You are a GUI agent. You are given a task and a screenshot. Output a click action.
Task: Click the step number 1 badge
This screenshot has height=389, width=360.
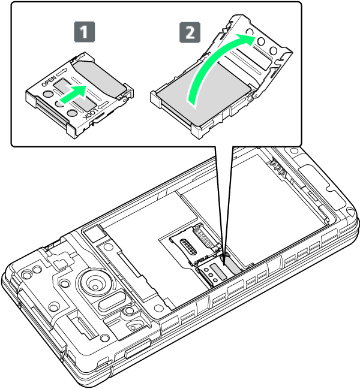[85, 32]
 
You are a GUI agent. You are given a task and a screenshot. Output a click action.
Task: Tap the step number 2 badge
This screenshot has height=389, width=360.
[190, 32]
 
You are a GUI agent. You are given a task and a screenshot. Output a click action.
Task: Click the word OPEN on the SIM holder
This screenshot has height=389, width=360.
[49, 81]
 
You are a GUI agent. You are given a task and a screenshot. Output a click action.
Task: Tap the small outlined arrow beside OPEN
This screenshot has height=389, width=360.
[62, 72]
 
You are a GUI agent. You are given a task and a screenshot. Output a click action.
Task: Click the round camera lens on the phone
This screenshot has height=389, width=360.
[95, 282]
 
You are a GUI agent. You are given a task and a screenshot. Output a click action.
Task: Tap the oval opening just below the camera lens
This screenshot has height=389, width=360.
[112, 301]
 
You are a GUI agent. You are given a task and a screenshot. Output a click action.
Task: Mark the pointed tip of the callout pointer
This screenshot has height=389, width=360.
[224, 265]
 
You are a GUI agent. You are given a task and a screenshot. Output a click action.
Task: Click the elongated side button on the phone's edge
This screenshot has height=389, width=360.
[138, 349]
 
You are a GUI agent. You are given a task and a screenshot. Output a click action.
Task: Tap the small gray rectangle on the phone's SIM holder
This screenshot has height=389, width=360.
[218, 271]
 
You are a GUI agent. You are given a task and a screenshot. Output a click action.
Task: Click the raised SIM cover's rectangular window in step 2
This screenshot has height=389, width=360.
[253, 59]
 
